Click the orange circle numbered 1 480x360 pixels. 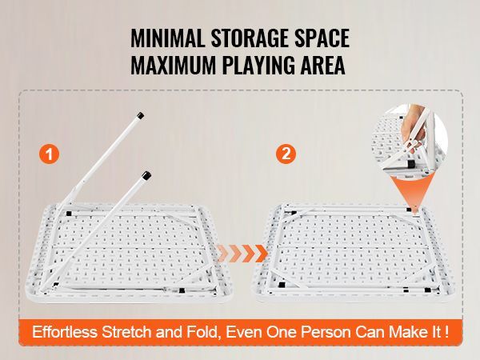(x=50, y=155)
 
